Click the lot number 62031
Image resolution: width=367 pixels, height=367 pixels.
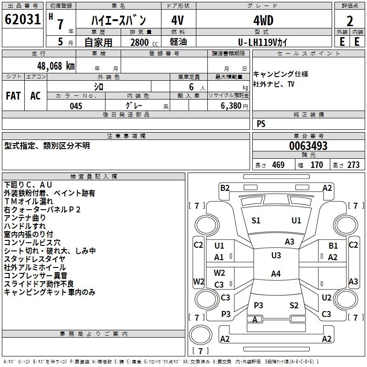coord(22,20)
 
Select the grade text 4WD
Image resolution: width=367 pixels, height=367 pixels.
coord(263,21)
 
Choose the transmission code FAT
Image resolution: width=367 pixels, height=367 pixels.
coord(13,96)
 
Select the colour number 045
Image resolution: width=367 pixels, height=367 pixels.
coord(76,106)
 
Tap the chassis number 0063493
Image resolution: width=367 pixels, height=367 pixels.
coord(308,146)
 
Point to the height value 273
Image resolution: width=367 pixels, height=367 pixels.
coord(353,165)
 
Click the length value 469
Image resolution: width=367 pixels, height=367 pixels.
coord(278,165)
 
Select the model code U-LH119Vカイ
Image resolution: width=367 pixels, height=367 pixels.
coord(263,42)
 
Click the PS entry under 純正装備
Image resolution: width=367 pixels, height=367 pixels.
coord(261,124)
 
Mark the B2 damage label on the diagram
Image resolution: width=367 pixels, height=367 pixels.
coord(225,188)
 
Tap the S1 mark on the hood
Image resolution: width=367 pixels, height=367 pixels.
coord(256,221)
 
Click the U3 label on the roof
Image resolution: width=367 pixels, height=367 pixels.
coord(276,256)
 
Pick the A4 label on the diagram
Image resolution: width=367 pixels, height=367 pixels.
coord(275,274)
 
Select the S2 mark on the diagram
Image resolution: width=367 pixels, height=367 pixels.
coord(294,306)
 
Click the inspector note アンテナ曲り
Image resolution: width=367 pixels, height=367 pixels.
coord(25,217)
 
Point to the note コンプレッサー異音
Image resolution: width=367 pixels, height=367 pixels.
coord(35,275)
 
